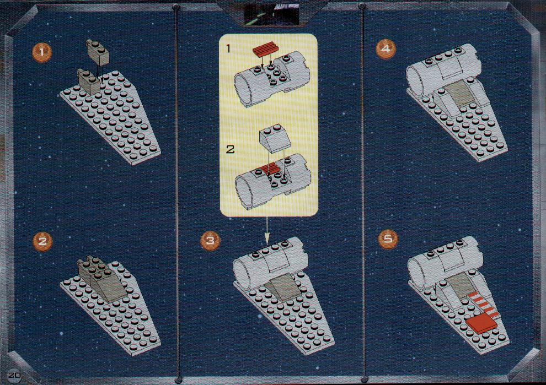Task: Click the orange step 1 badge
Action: (x=42, y=53)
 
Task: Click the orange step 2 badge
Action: (x=42, y=241)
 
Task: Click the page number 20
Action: (x=15, y=376)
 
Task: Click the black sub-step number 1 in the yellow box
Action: (x=228, y=48)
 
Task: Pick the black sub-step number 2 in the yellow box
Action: (x=230, y=150)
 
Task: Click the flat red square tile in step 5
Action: (x=481, y=322)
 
